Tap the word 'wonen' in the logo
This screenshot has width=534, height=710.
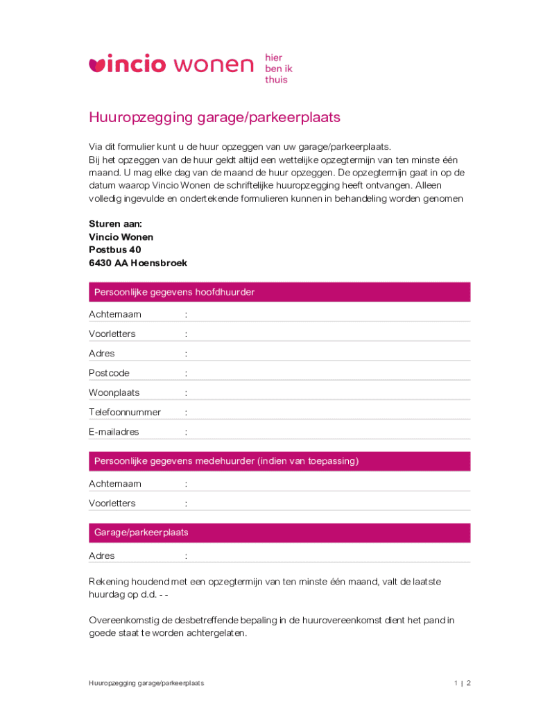coord(214,65)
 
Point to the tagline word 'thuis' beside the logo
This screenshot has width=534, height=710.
coord(275,80)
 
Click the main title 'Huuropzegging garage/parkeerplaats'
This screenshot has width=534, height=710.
coord(214,117)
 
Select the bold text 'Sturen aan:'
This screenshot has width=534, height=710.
coord(115,224)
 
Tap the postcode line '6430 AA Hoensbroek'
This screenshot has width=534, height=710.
coord(137,263)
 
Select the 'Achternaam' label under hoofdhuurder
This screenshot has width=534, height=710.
coord(115,315)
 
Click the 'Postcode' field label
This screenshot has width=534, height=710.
coord(109,373)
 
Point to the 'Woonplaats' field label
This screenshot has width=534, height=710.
coord(114,392)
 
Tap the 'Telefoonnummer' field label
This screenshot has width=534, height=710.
coord(124,412)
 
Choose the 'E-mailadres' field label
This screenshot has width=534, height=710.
coord(114,431)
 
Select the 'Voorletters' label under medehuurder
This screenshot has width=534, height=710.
coord(112,503)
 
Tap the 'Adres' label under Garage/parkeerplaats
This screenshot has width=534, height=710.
coord(102,556)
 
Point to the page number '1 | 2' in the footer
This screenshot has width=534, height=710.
coord(462,683)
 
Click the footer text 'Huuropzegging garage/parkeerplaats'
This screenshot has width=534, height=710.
coord(146,683)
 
